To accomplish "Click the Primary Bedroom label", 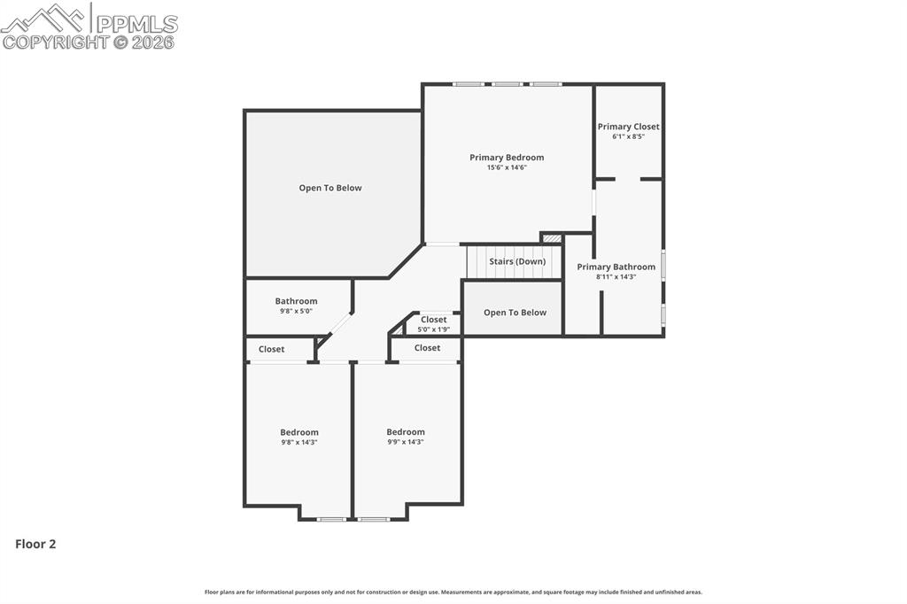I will [507, 158].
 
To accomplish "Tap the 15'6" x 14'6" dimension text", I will [507, 167].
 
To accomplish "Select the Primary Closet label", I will [628, 127].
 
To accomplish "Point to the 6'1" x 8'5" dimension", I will [628, 136].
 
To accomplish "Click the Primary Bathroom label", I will [616, 267].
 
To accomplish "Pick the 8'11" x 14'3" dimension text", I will [616, 276].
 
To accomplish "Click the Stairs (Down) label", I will [517, 261].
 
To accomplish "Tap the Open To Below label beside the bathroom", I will [329, 188].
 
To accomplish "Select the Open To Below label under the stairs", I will [515, 313].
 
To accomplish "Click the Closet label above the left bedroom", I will [271, 349].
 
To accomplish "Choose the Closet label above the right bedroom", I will [427, 348].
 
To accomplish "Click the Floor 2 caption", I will [35, 544].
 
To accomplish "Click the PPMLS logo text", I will [136, 24].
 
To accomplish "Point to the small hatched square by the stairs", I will [552, 238].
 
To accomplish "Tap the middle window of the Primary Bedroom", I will [507, 84].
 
